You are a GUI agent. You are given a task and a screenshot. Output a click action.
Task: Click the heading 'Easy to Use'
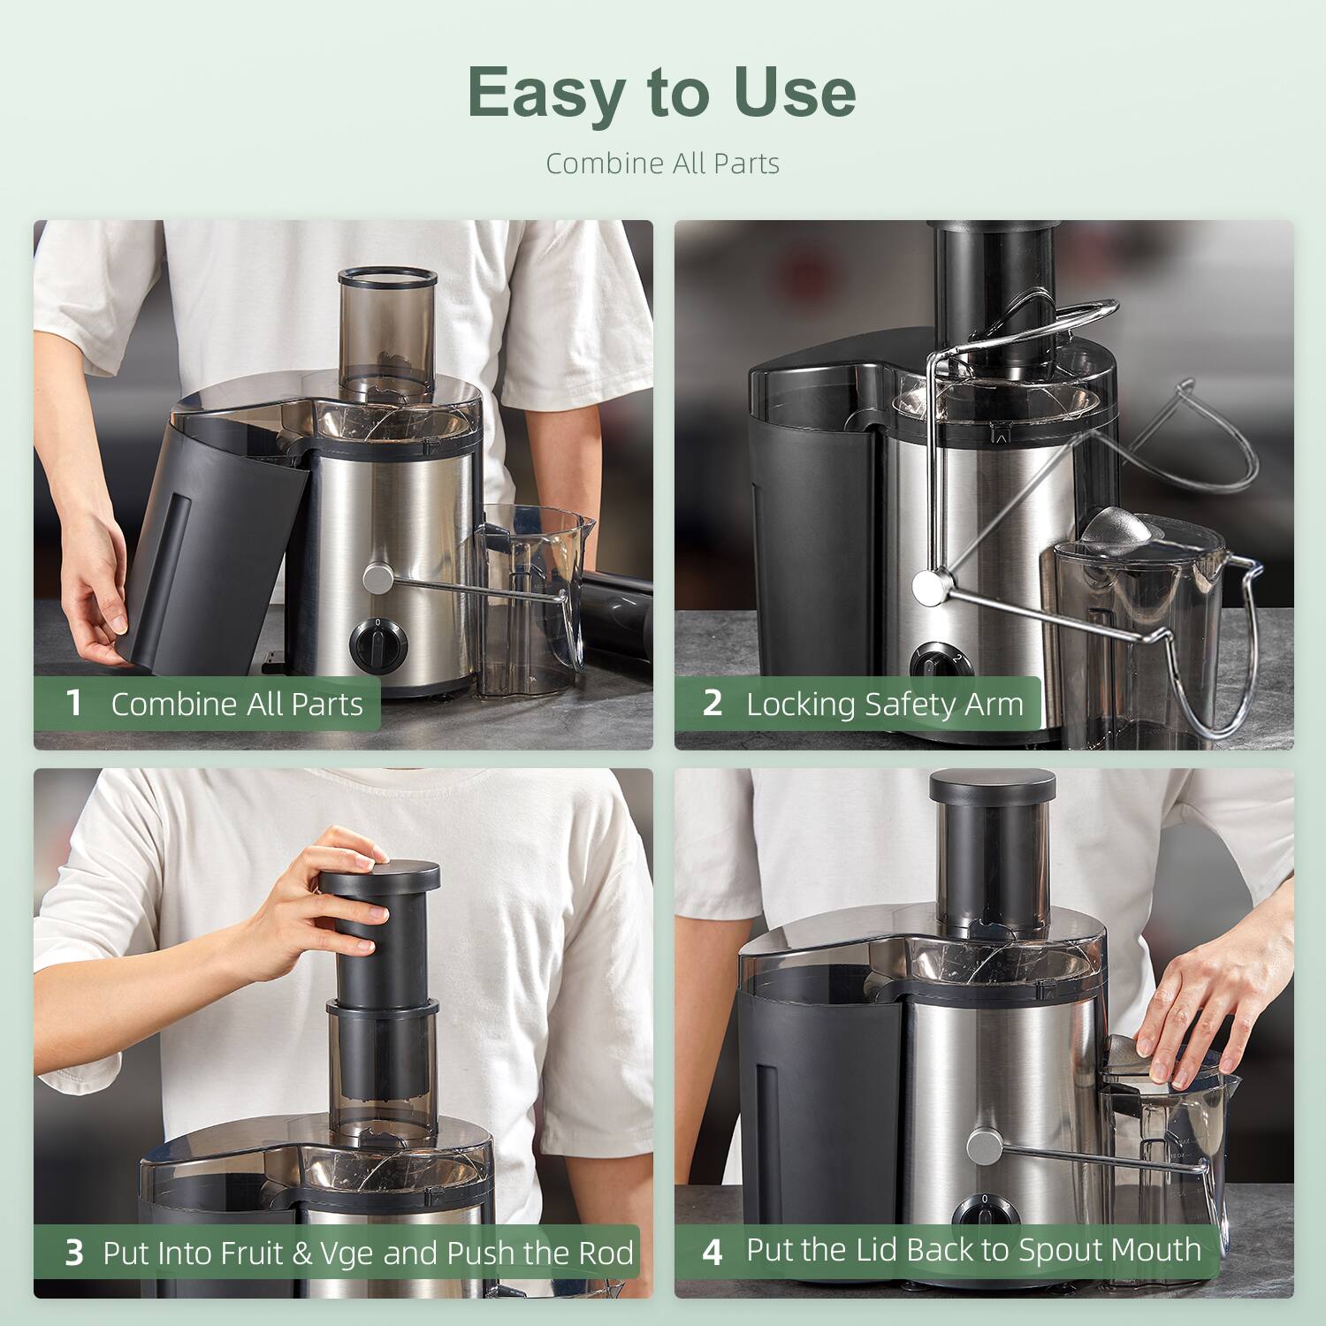[661, 92]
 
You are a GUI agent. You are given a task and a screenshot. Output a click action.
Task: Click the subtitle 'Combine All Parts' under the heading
[662, 164]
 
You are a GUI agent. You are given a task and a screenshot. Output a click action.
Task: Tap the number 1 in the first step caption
[74, 704]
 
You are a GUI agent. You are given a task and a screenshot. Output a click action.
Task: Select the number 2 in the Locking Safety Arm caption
[713, 704]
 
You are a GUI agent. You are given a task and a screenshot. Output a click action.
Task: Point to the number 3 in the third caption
[74, 1253]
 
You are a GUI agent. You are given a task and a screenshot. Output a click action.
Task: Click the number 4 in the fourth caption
[713, 1252]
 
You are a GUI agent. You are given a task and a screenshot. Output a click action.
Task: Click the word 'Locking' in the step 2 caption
[800, 705]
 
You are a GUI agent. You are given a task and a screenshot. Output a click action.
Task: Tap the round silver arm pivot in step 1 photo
[378, 579]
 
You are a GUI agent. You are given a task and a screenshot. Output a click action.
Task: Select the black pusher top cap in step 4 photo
[992, 786]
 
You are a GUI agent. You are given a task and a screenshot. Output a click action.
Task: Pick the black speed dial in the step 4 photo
[985, 1213]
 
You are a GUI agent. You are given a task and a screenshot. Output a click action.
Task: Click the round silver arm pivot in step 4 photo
[983, 1147]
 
